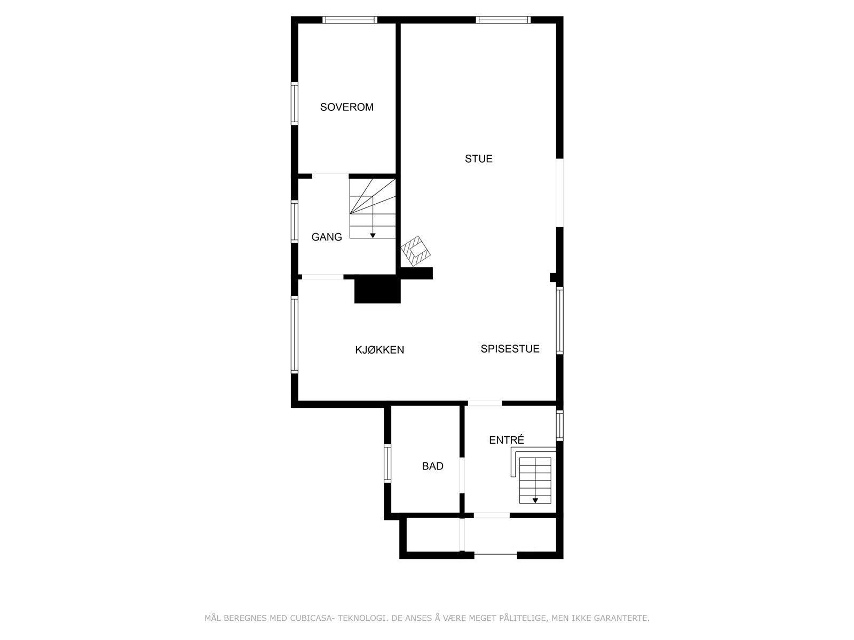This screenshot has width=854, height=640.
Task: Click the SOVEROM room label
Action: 346,107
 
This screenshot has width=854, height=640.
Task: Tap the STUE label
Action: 478,159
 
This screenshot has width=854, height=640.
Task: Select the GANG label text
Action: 327,237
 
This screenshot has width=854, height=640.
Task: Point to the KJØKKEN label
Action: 379,350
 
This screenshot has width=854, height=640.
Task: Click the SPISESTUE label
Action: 510,349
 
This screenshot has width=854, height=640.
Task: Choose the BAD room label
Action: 432,467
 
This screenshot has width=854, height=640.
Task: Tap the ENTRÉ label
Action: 507,440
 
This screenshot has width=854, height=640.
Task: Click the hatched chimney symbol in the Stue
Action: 416,251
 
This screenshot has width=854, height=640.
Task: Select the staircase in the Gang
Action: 373,209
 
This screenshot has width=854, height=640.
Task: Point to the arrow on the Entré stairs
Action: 535,501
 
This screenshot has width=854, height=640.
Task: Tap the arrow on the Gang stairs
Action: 373,235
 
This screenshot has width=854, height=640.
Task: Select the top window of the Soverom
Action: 350,20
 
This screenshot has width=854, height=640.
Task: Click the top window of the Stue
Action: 503,20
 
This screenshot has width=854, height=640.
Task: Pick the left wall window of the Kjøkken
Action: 294,335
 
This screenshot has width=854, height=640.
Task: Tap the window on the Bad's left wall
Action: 388,463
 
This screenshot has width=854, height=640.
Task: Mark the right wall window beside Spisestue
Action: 559,321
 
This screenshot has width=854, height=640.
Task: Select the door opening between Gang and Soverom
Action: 330,175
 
